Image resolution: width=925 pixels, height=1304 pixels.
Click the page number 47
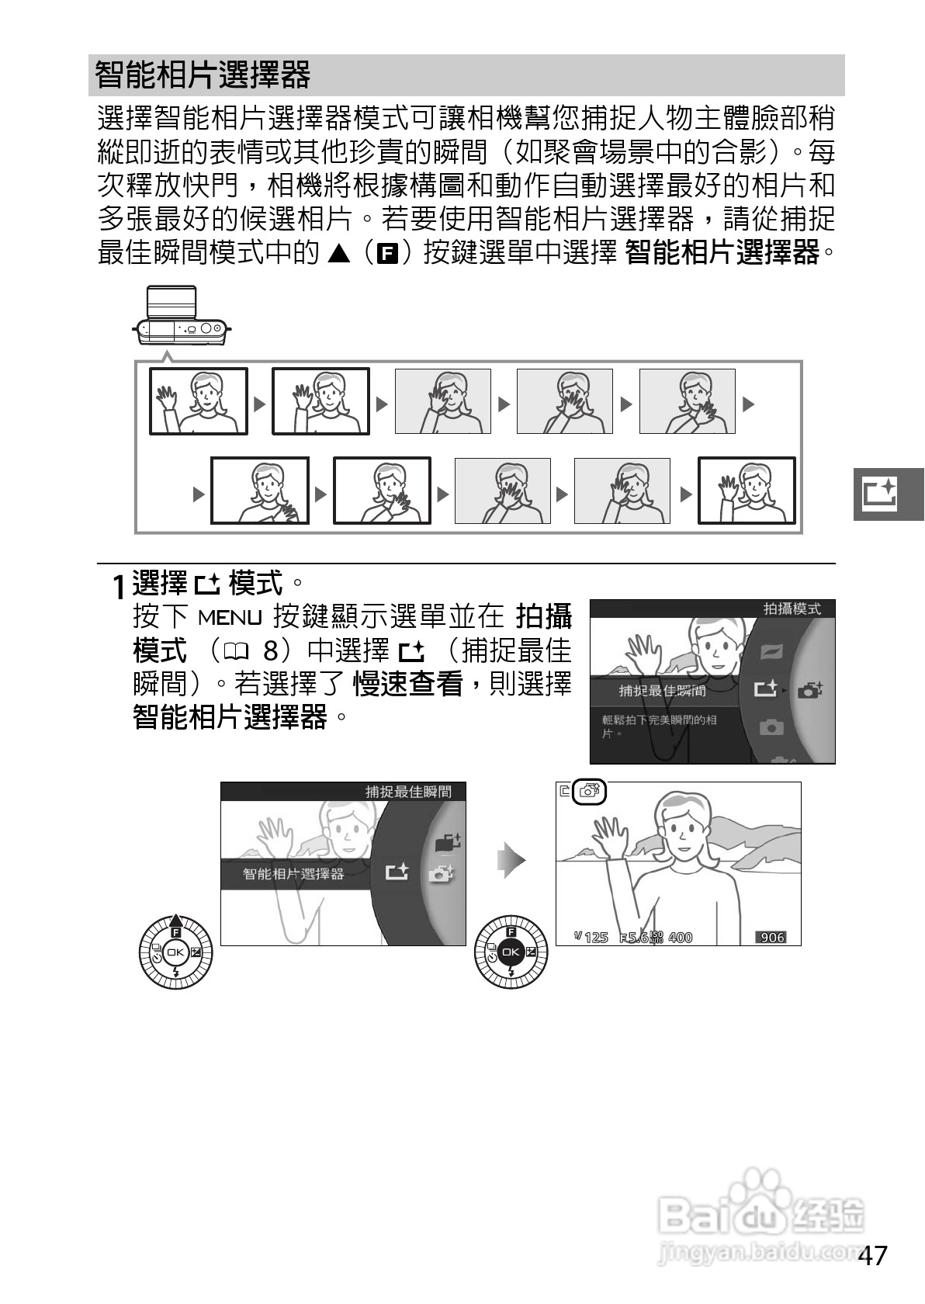tap(873, 1255)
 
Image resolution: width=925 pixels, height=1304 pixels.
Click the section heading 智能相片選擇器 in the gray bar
tap(203, 75)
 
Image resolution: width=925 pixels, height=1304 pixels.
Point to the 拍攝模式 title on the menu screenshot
tap(792, 609)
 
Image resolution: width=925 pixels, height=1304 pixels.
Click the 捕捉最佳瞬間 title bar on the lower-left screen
tap(408, 792)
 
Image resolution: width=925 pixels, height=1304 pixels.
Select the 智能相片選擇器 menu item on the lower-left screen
tap(293, 874)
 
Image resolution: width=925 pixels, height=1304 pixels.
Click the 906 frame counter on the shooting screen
tap(772, 937)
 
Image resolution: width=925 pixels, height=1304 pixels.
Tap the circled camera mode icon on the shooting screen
tap(589, 792)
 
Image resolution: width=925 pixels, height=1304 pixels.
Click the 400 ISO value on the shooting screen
tap(680, 938)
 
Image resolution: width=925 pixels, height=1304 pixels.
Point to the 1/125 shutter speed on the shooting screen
tap(591, 938)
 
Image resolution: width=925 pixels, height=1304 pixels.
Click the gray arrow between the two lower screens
tap(511, 861)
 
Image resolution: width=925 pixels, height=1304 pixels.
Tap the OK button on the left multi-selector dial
tap(175, 952)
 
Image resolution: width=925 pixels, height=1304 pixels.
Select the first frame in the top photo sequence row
tap(199, 401)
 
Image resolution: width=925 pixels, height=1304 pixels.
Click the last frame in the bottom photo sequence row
tap(747, 491)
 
